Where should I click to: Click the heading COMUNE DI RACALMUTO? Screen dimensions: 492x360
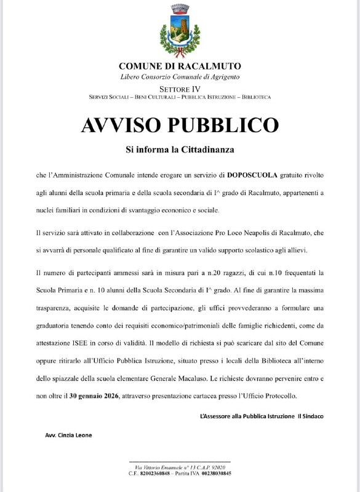[x=180, y=66]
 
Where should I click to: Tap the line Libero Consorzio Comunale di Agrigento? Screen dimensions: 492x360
[x=180, y=76]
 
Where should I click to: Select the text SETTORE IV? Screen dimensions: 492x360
[x=180, y=90]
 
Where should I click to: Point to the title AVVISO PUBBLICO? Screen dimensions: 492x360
[x=180, y=125]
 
